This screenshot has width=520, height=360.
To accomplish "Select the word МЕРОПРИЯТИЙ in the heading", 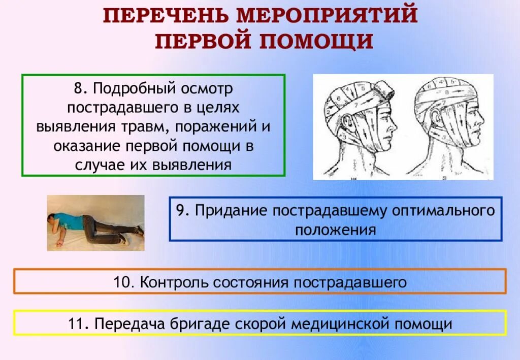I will pyautogui.click(x=327, y=16).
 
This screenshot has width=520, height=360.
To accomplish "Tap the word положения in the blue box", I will pyautogui.click(x=336, y=230).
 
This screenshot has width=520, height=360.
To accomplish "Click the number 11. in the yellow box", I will pyautogui.click(x=77, y=323).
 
